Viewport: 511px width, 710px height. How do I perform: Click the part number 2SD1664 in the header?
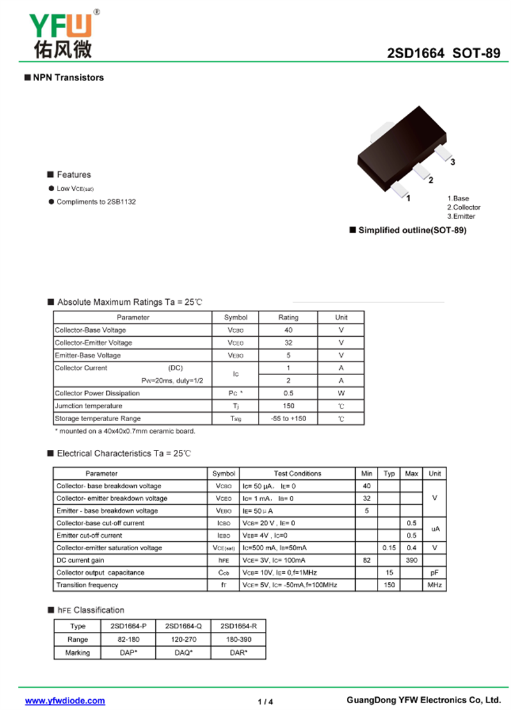point(416,54)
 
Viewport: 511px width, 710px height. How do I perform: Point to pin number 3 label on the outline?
point(452,162)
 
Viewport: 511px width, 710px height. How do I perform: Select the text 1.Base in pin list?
point(458,199)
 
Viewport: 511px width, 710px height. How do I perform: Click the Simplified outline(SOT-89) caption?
point(412,230)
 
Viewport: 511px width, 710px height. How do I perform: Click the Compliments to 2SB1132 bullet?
point(96,202)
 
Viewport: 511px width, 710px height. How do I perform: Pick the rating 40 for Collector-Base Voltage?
point(288,330)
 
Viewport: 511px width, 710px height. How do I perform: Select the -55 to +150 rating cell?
point(288,419)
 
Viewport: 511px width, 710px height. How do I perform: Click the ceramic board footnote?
point(125,431)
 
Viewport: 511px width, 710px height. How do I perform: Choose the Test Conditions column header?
point(297,474)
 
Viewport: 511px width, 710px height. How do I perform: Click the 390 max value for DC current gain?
point(411,560)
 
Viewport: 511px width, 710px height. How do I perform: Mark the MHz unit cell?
point(434,585)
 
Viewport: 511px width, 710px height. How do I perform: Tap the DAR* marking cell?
point(238,652)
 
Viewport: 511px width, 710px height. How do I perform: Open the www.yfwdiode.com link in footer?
point(65,701)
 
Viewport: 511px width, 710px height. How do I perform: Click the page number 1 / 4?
point(265,702)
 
